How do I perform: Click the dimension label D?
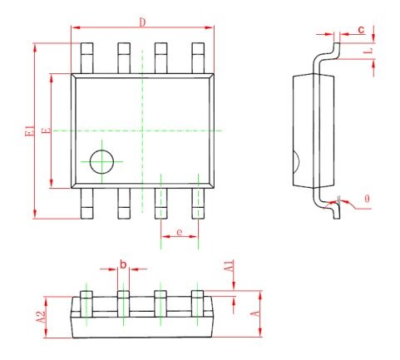click(x=142, y=22)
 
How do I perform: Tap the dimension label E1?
click(x=30, y=131)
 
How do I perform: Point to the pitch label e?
click(x=180, y=232)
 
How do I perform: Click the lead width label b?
click(x=123, y=264)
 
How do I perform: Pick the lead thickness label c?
click(x=361, y=29)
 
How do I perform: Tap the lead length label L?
click(x=368, y=51)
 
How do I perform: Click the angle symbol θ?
click(x=367, y=199)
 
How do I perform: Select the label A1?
click(x=230, y=265)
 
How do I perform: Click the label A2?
click(x=41, y=317)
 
